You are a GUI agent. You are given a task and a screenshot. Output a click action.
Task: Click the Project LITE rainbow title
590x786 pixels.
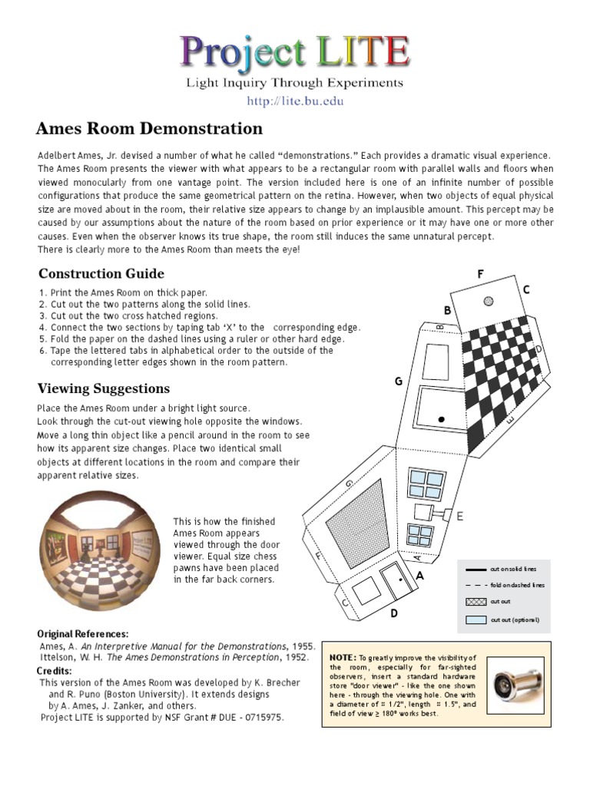(295, 52)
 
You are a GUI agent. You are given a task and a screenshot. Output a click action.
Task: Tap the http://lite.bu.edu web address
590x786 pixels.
(295, 101)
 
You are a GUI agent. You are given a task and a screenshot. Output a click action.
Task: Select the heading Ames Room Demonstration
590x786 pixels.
(150, 128)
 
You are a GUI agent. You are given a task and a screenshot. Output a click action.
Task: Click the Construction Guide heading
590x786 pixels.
(101, 273)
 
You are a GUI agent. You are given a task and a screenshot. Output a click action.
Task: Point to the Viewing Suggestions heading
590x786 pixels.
(104, 388)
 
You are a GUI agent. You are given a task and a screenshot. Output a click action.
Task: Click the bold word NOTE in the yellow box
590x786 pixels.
(343, 659)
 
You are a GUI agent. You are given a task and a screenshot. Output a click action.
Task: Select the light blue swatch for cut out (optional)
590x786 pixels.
(476, 619)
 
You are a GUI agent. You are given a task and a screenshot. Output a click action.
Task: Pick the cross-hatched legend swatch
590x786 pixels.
(476, 602)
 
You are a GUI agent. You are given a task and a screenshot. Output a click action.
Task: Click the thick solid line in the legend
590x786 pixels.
(476, 569)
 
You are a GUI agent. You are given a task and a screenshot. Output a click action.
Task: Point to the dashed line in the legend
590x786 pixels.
(476, 585)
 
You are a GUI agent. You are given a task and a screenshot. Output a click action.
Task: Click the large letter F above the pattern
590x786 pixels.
(480, 274)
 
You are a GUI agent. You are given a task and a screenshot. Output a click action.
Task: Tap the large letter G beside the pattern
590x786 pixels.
(399, 381)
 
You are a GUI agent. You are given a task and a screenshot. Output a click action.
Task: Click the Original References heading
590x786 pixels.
(83, 634)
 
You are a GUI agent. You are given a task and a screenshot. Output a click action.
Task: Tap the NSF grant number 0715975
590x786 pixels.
(259, 718)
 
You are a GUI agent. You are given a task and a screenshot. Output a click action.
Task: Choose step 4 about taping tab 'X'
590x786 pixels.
(200, 327)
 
